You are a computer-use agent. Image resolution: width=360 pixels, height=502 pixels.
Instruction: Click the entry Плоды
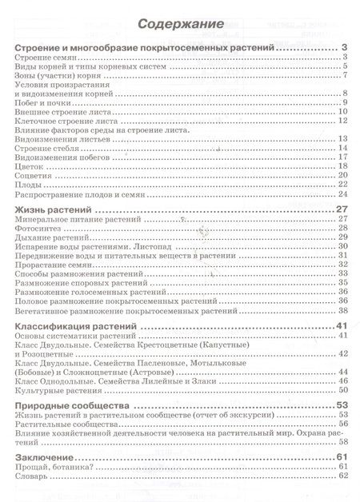30,184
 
